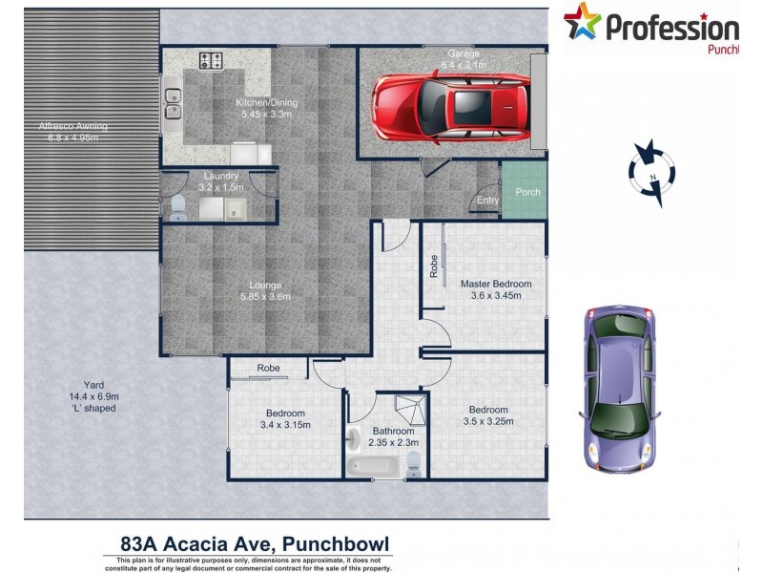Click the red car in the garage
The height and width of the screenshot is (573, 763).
point(448,104)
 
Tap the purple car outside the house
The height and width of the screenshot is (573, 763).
point(620,390)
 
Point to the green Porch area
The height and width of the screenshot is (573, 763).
point(526,192)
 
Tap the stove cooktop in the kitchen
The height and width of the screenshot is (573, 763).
point(211,61)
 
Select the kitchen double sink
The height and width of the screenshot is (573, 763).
point(174,103)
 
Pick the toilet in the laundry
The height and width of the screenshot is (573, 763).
point(178,203)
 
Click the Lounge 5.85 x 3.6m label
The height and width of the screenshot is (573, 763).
point(263,289)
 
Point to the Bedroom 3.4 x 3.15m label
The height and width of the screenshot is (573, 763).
point(284,420)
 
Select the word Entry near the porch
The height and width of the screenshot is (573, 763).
point(487,200)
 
